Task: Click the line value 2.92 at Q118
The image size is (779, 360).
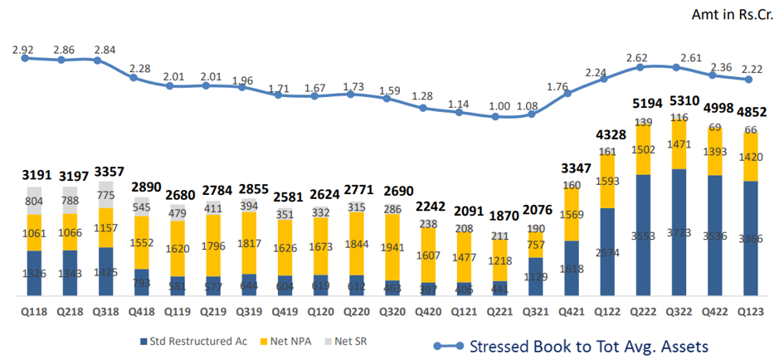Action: click(22, 49)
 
